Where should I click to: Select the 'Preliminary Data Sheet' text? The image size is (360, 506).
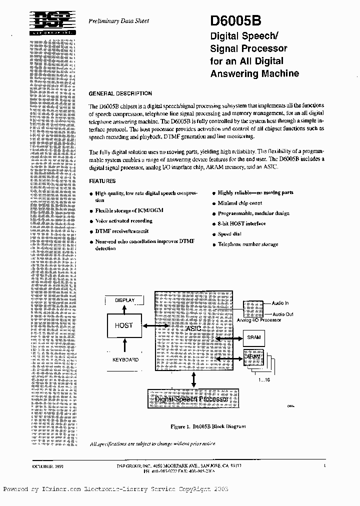click(x=118, y=21)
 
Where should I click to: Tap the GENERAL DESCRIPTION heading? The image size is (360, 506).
click(x=120, y=93)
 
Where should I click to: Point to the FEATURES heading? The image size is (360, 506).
click(x=102, y=181)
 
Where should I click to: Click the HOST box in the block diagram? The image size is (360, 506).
click(x=123, y=325)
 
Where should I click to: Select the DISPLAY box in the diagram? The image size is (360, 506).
click(x=124, y=300)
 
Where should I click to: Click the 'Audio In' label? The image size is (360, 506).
click(x=280, y=303)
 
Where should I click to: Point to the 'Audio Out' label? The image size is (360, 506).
click(x=282, y=314)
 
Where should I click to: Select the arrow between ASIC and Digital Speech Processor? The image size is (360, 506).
click(x=193, y=380)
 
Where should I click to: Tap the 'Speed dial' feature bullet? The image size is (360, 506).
click(x=230, y=234)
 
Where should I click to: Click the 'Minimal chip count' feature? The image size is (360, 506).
click(x=239, y=203)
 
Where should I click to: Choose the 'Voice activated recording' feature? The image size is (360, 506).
click(x=123, y=221)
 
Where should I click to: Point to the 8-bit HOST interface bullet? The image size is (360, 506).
click(x=241, y=223)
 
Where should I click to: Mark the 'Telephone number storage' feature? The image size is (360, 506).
click(x=247, y=244)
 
